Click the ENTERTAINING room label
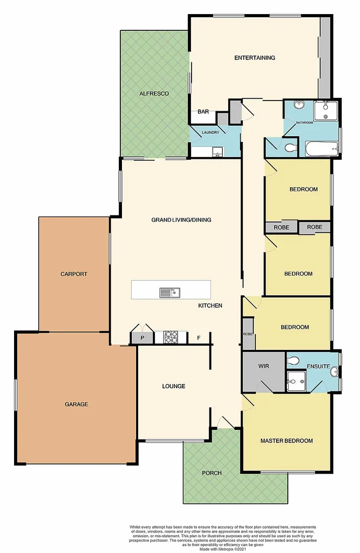click(254, 58)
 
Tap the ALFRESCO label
click(154, 93)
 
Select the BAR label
click(203, 112)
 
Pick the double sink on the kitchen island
click(169, 293)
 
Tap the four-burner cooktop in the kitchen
click(171, 338)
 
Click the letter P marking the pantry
click(142, 338)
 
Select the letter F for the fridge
click(199, 338)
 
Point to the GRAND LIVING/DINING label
click(181, 220)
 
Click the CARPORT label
click(73, 274)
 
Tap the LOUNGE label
click(174, 386)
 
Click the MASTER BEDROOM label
click(287, 441)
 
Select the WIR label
click(263, 366)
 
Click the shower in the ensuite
click(296, 381)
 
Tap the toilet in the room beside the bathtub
click(290, 147)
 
